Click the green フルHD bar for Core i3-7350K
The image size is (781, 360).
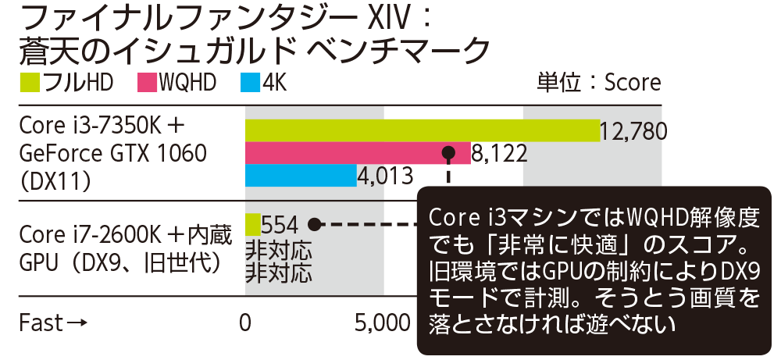coord(422,130)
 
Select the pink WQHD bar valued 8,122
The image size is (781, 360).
coord(358,153)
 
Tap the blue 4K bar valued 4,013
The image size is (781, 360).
coord(301,176)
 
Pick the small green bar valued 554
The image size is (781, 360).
coord(252,225)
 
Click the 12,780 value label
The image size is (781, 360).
coord(633,130)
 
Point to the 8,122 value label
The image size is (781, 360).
coord(500,153)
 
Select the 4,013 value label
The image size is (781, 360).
coord(385,176)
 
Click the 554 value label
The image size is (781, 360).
coord(279,225)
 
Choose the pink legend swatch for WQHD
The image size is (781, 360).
coord(147,81)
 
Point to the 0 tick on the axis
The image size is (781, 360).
coord(246,323)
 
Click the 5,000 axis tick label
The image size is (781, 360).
coord(383,323)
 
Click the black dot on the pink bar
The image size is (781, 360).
coord(448,153)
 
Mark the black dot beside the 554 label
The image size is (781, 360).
coord(314,225)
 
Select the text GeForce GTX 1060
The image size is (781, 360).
coord(112,153)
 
